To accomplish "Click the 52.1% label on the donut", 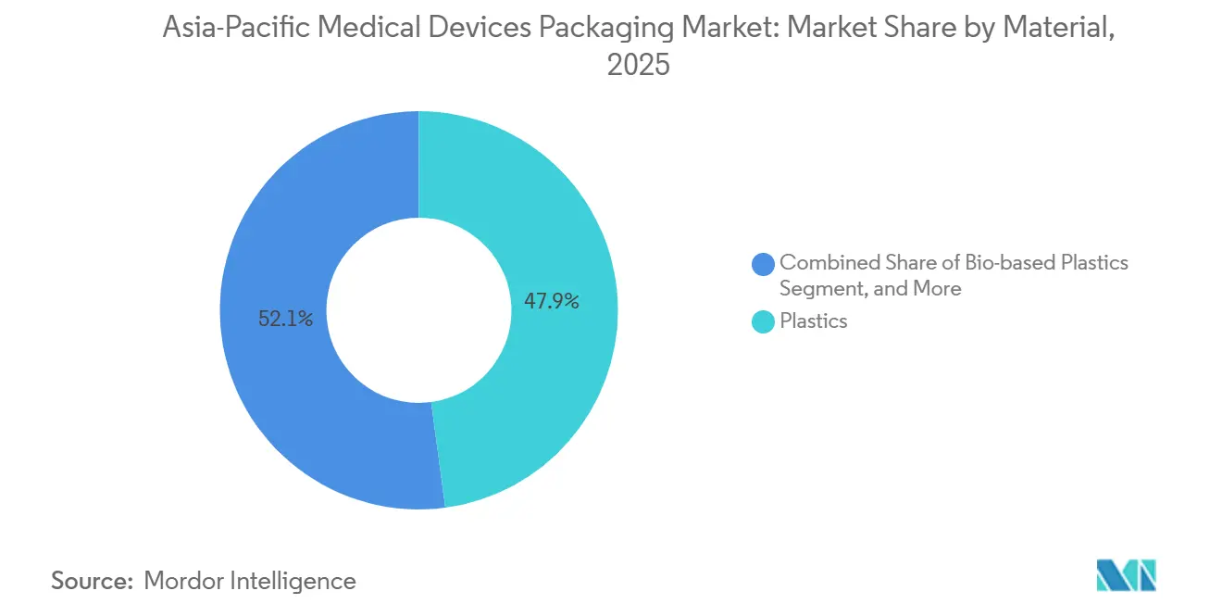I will point(285,320).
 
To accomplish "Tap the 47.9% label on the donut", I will point(551,301).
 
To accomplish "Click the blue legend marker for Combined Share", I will point(764,264).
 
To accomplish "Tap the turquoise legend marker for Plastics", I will point(764,321).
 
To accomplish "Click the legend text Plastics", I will point(813,321).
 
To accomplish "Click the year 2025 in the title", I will point(638,66).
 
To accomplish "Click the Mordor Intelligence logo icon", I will point(1126,575).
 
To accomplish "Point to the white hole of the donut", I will point(418,310).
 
